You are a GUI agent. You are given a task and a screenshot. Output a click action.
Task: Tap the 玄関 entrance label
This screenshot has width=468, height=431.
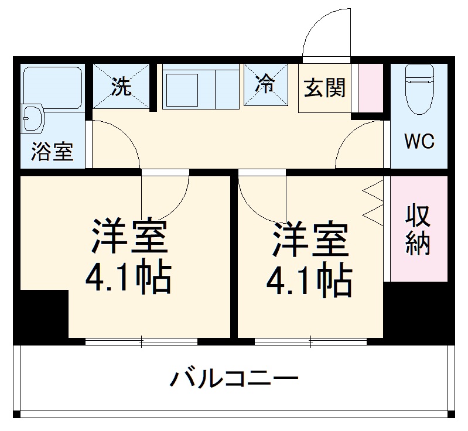pos(324,88)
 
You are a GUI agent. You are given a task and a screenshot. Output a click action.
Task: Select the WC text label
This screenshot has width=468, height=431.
pos(419,141)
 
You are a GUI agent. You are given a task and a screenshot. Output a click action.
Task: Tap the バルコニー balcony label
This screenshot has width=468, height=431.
pos(234,379)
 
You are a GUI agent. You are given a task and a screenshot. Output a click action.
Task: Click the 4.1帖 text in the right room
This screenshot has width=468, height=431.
pos(309,281)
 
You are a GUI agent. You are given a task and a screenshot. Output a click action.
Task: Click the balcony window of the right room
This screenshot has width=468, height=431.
pos(311,341)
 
